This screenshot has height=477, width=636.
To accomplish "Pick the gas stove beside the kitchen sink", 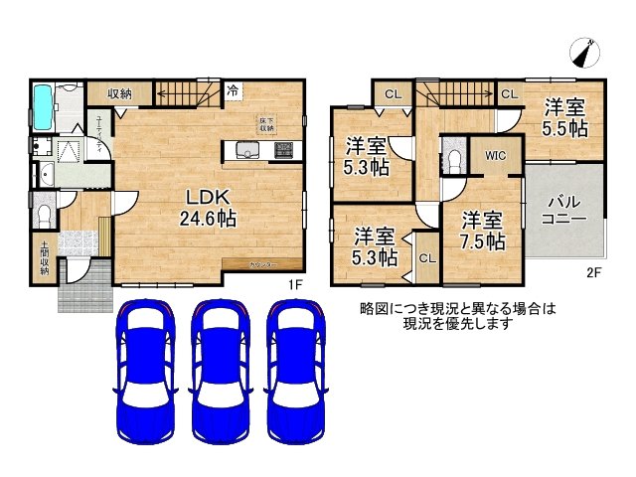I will [283, 151].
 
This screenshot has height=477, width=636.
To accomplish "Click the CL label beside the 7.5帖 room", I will [426, 258].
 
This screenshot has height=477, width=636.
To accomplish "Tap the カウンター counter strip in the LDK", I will [263, 264].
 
